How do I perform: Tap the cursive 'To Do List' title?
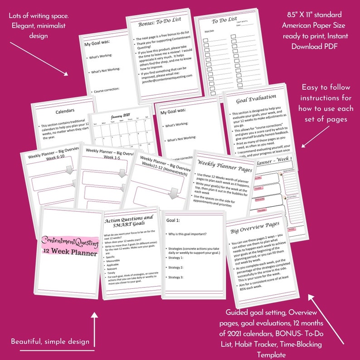[224, 20]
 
